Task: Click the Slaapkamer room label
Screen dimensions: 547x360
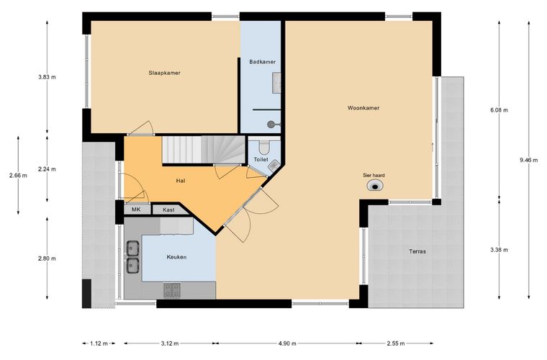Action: point(164,73)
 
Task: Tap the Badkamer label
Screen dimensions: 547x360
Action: point(262,62)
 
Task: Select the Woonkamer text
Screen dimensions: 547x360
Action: point(363,108)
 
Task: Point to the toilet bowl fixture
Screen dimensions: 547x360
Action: point(264,146)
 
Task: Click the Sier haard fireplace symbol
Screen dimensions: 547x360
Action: point(375,186)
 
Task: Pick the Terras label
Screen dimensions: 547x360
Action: point(417,251)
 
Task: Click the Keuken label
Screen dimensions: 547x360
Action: point(176,257)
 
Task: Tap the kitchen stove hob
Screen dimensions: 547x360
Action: point(172,290)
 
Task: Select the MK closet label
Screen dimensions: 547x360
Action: point(136,210)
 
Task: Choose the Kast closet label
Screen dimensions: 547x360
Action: point(168,210)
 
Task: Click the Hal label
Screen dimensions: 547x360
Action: point(181,181)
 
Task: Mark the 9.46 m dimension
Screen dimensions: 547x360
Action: point(529,161)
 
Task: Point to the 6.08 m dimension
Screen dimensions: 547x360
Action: point(499,110)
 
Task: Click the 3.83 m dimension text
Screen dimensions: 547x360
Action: point(47,77)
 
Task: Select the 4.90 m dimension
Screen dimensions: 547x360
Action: point(287,343)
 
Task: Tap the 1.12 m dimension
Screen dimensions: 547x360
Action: point(99,343)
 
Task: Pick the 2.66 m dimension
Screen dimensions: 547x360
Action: point(18,176)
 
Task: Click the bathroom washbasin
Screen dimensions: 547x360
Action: point(276,83)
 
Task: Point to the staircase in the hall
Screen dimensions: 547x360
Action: point(204,150)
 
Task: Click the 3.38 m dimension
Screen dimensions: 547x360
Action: point(499,250)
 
